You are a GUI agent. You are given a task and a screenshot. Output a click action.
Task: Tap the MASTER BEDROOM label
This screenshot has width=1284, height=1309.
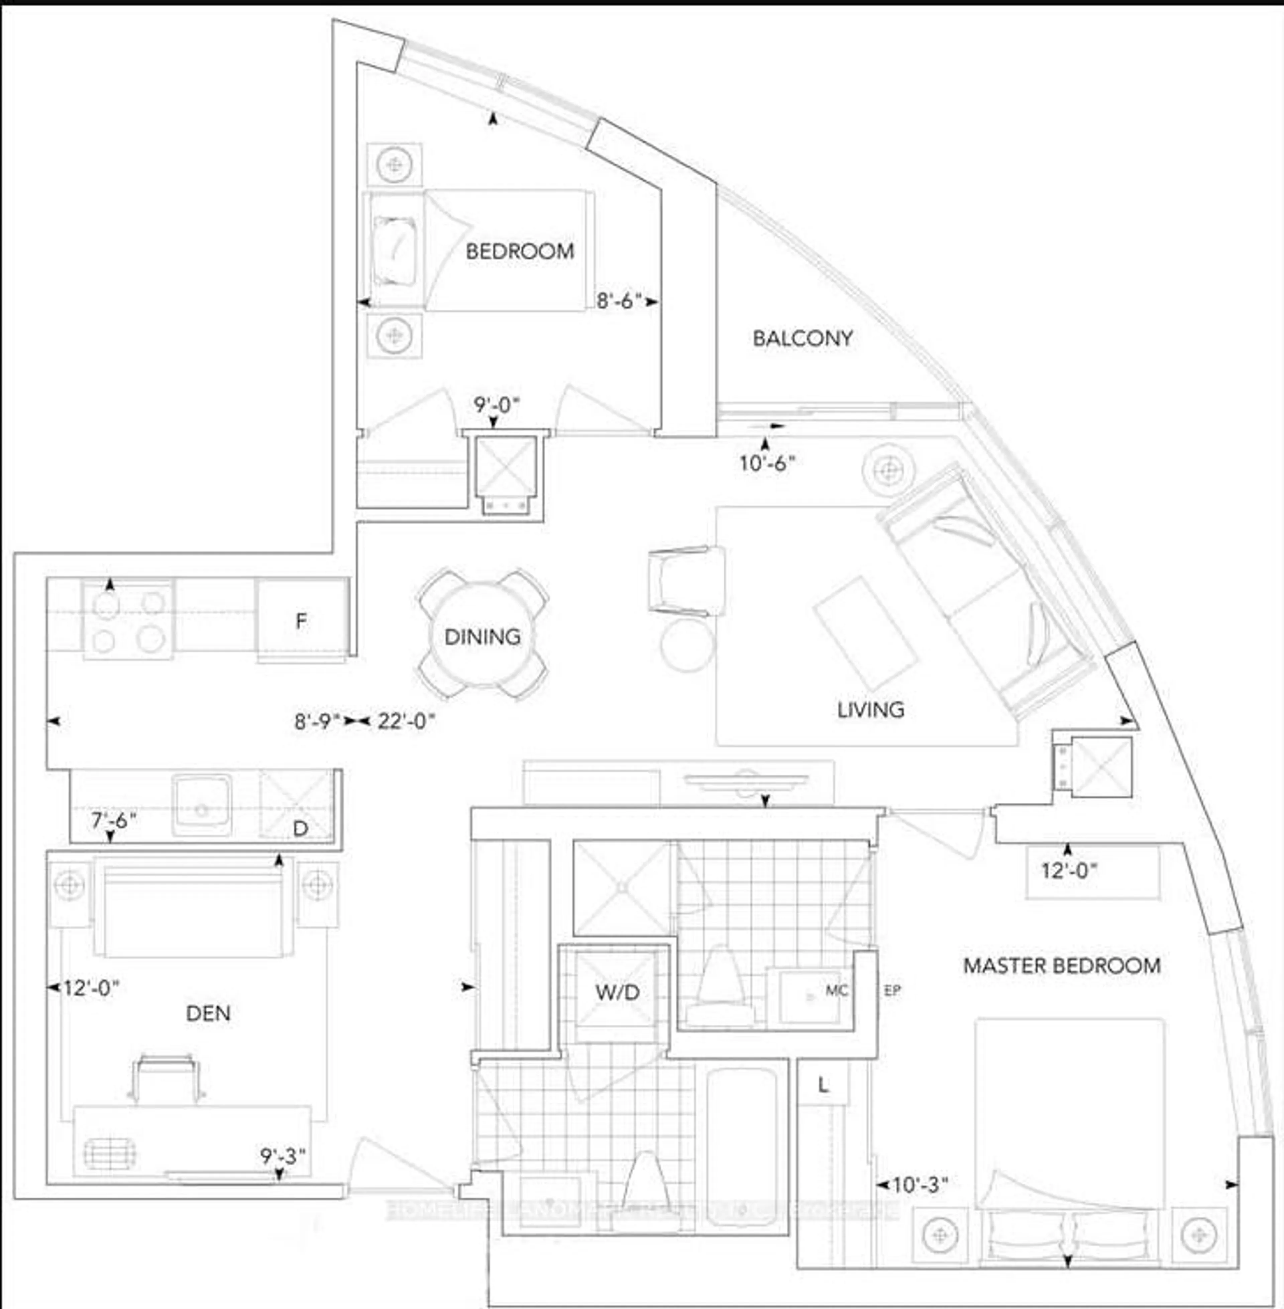tap(1061, 966)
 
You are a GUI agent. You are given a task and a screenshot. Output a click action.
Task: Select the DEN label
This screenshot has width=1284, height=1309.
tap(208, 1013)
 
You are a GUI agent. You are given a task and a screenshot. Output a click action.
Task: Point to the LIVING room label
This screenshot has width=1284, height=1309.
tap(871, 709)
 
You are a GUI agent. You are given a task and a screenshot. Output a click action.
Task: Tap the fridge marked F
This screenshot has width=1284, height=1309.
tap(302, 620)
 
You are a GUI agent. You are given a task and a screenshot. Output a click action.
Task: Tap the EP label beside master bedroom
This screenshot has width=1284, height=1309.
tap(891, 991)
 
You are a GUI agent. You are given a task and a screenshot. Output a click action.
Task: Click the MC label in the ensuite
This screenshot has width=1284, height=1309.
tap(836, 991)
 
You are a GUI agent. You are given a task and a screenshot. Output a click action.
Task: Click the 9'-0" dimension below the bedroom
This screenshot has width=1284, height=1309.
tap(497, 405)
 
